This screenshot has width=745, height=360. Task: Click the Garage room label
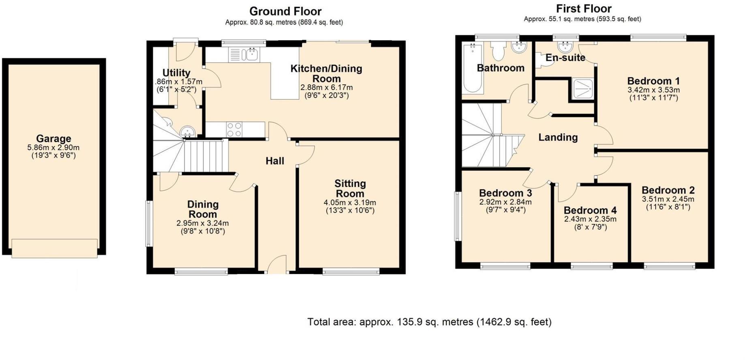54,139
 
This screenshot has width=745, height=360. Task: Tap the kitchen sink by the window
245,54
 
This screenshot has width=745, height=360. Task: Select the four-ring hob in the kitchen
234,129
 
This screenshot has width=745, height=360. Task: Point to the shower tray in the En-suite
583,89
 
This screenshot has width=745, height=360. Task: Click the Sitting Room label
350,188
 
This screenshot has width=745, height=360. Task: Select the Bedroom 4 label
590,210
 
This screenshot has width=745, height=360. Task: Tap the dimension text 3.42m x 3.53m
653,90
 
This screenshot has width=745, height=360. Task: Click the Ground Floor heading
285,11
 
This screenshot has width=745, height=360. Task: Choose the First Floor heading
584,9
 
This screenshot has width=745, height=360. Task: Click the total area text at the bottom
429,322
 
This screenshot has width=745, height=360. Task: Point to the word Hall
275,161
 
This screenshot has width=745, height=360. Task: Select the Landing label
558,137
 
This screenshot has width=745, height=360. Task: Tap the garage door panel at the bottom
54,248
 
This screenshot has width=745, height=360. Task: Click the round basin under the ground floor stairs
187,131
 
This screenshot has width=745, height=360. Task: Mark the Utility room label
176,73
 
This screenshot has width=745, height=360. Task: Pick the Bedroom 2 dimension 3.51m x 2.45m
668,199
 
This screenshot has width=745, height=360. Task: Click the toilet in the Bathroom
498,51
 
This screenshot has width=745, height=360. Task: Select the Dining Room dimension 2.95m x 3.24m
202,223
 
